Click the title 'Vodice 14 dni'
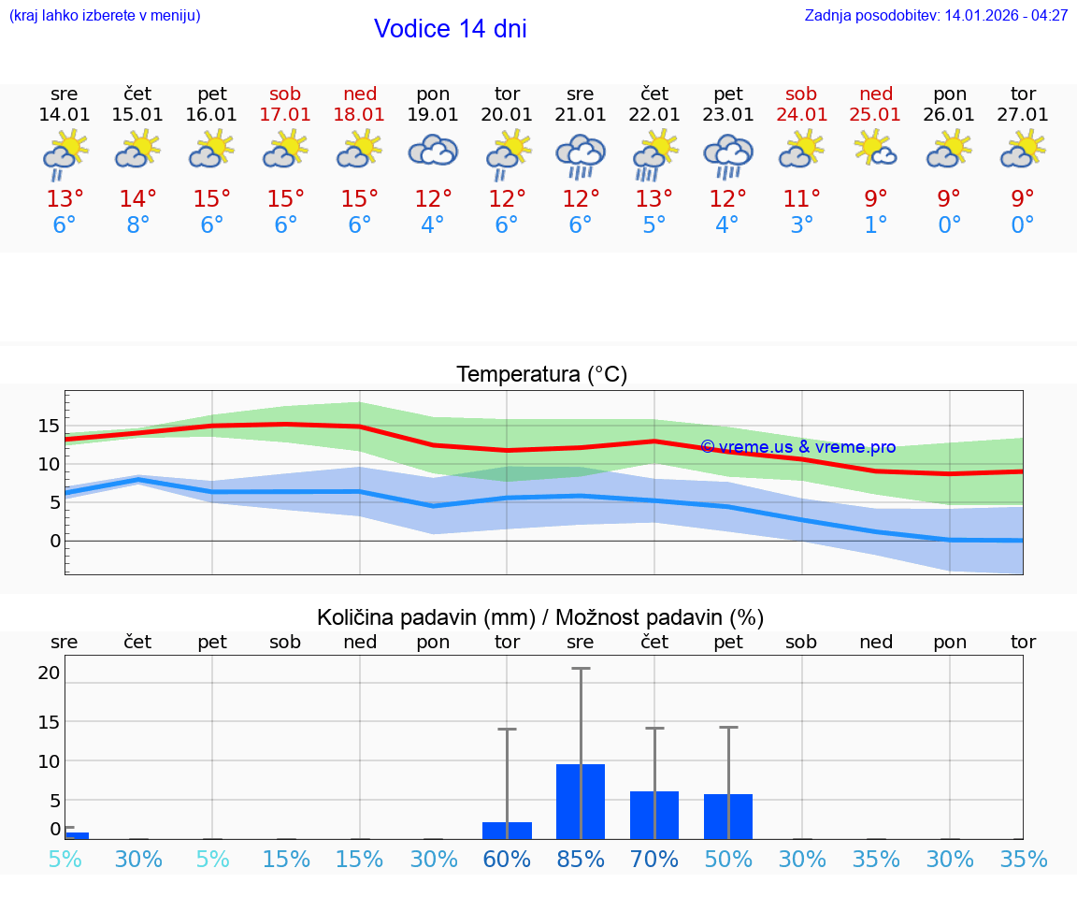[450, 29]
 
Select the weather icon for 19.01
[433, 151]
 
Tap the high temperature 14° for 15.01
[137, 199]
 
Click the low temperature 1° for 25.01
[875, 225]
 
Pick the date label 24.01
[801, 114]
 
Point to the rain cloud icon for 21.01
[581, 154]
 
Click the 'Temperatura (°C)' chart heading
[541, 374]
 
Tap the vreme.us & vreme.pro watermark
[797, 447]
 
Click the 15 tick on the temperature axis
[49, 426]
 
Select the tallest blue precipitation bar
[581, 801]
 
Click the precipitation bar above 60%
[507, 830]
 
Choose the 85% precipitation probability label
[581, 859]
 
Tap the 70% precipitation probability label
[654, 859]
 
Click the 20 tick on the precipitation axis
[49, 673]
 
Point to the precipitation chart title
[540, 617]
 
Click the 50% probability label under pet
[728, 859]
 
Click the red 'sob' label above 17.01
[285, 94]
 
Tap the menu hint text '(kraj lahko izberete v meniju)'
[105, 16]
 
